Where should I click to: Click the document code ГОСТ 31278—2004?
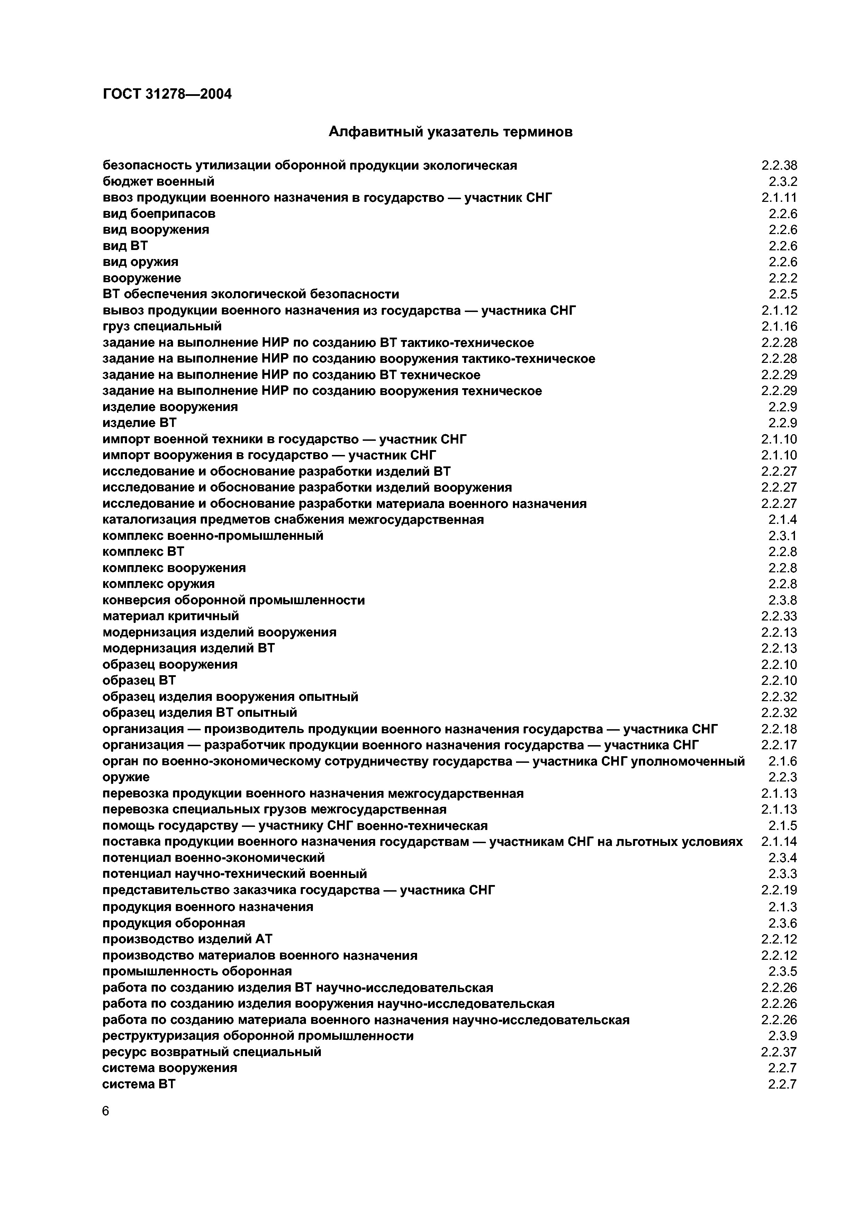[x=167, y=94]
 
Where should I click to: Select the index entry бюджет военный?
[x=158, y=181]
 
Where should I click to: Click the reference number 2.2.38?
[x=779, y=166]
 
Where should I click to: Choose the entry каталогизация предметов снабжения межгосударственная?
[x=293, y=520]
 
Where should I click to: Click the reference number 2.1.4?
[x=783, y=520]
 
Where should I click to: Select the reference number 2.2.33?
[x=779, y=616]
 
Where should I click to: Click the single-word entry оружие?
[x=126, y=777]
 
